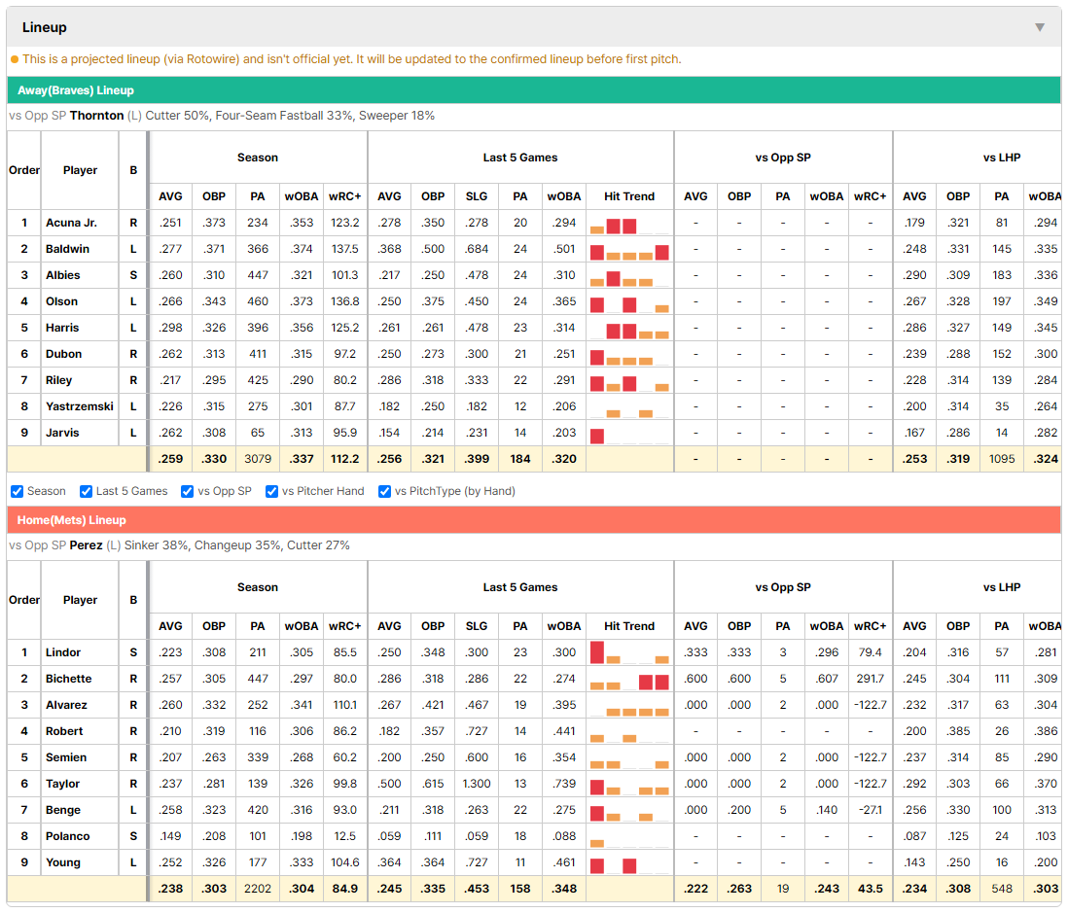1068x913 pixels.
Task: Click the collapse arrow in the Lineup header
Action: pos(1040,27)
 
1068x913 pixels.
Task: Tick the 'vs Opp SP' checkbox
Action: pos(188,492)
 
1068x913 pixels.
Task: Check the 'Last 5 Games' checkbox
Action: pos(86,492)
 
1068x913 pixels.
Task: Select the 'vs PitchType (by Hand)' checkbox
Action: pos(385,492)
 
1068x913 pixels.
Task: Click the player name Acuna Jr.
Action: pos(72,223)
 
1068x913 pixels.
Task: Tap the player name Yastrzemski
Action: pos(80,406)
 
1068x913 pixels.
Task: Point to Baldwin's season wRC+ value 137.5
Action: pos(345,249)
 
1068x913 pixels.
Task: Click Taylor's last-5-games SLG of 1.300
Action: pos(477,784)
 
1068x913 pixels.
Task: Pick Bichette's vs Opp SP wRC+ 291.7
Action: pos(871,679)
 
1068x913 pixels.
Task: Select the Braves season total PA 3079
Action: pos(258,459)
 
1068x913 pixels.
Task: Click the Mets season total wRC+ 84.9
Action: pos(345,889)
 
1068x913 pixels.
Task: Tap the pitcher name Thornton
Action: pos(96,116)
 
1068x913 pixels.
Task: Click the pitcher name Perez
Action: pos(86,545)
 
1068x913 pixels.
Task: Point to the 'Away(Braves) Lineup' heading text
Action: pos(76,90)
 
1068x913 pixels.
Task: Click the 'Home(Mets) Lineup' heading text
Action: pos(72,520)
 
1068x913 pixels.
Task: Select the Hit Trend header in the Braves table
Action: pos(629,196)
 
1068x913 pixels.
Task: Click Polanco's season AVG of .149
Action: pos(170,836)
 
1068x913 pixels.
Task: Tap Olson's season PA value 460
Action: pos(258,301)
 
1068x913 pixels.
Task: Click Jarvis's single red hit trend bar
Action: pos(597,436)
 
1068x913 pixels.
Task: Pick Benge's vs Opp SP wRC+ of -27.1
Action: pos(871,810)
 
